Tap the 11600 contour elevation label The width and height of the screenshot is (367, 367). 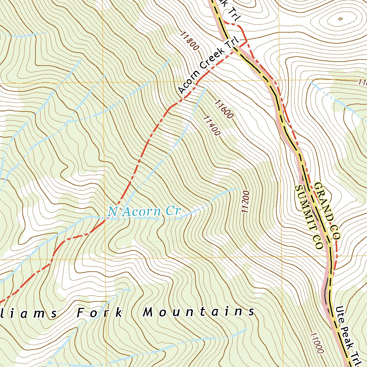224,109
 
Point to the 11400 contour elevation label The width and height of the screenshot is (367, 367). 211,125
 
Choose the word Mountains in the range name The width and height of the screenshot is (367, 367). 199,312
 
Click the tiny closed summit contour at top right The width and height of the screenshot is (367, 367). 340,19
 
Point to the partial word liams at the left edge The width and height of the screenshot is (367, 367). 29,313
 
